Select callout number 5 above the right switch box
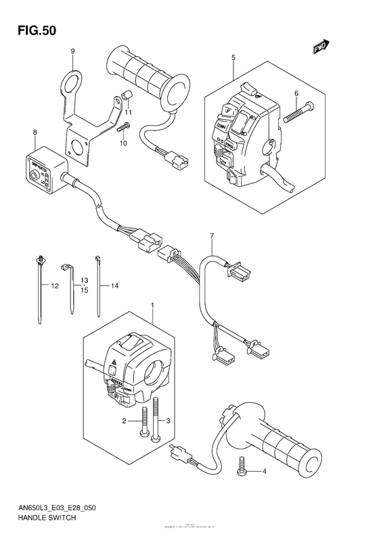(x=232, y=58)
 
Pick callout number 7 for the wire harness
(x=211, y=236)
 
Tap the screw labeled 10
(x=121, y=127)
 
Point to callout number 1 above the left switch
(x=154, y=307)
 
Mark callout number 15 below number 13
(x=85, y=290)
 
